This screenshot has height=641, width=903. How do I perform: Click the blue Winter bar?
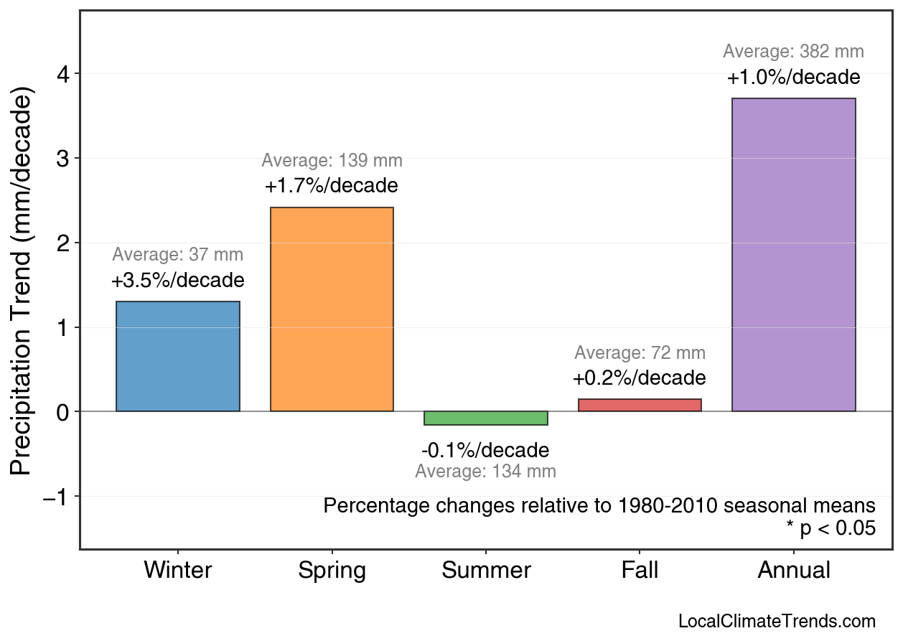click(178, 356)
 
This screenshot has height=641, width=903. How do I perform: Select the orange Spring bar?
click(332, 309)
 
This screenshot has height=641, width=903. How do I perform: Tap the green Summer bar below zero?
click(486, 418)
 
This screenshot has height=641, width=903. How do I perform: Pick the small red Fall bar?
click(640, 405)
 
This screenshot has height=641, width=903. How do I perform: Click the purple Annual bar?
click(793, 255)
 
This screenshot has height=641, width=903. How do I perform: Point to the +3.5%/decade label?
click(178, 281)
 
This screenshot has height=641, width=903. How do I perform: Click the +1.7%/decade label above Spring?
click(332, 186)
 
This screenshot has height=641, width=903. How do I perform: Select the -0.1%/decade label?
click(486, 451)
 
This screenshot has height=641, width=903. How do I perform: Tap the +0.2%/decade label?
click(640, 378)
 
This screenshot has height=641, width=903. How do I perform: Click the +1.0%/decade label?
click(793, 78)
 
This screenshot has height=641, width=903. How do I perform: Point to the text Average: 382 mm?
click(793, 52)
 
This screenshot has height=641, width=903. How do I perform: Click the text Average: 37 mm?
click(178, 255)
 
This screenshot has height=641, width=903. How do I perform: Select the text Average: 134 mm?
click(486, 472)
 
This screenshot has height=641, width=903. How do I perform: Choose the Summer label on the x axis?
click(486, 571)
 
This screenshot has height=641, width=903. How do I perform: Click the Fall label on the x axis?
click(640, 571)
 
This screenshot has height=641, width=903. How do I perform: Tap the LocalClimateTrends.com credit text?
click(777, 621)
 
